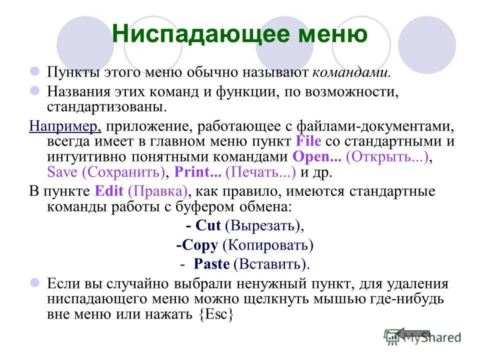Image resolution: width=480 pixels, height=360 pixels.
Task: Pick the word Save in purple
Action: (x=62, y=172)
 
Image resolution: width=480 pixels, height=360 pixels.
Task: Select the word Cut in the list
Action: (x=208, y=226)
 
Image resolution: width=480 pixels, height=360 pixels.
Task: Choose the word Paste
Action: (x=211, y=264)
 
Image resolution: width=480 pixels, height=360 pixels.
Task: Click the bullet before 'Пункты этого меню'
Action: (x=35, y=72)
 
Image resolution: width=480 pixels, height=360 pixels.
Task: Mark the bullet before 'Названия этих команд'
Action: (x=35, y=91)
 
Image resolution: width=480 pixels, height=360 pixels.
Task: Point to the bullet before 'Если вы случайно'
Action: (x=35, y=283)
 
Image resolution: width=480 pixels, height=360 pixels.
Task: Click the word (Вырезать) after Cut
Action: (x=264, y=226)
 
